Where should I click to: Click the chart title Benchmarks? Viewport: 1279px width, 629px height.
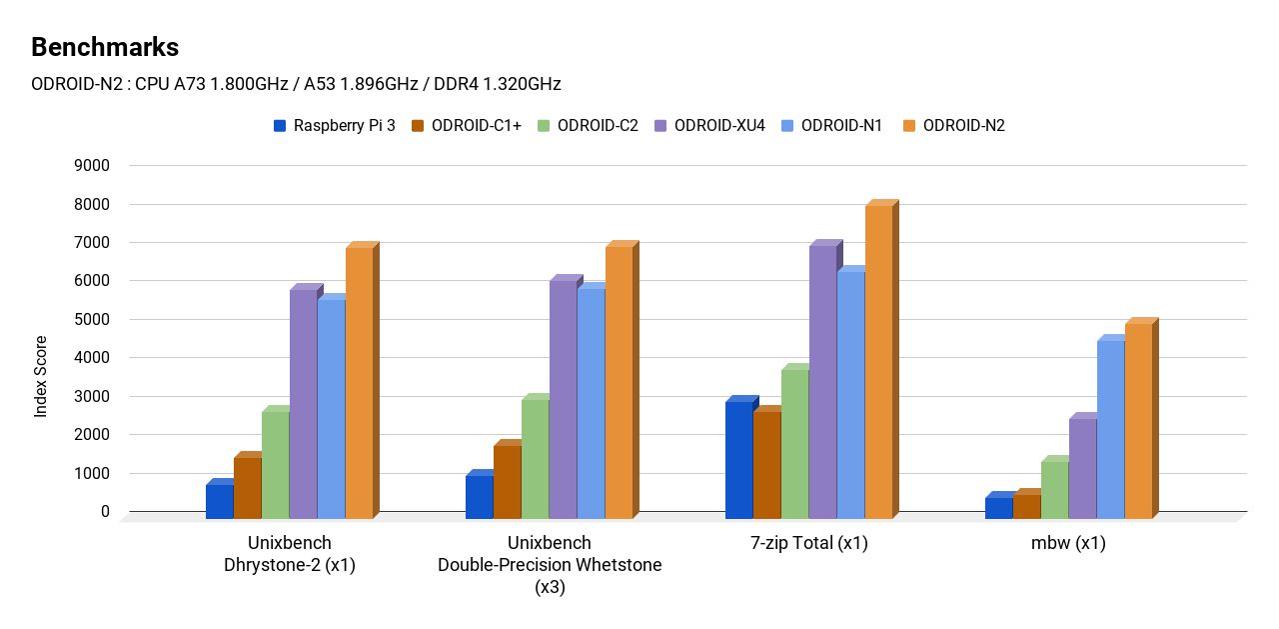click(105, 47)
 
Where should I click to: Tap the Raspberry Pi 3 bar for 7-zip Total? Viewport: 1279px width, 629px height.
click(739, 460)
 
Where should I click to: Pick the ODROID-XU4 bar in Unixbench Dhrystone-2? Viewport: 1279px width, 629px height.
click(304, 404)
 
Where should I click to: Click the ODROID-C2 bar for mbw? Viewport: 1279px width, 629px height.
click(1055, 489)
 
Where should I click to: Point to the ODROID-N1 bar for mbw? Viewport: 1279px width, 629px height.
click(1111, 430)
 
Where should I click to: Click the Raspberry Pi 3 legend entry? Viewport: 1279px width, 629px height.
click(334, 126)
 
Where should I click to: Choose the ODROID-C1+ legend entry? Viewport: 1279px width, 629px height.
click(466, 126)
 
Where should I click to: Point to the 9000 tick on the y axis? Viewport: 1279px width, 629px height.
click(91, 166)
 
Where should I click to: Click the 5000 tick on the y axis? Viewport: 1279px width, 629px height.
click(91, 320)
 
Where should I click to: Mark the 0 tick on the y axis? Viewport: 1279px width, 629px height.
click(105, 512)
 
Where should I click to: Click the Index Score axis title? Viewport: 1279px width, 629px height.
click(41, 377)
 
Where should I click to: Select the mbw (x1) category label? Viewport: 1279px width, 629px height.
click(1068, 545)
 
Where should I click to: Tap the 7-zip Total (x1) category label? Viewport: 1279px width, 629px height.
click(809, 545)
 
